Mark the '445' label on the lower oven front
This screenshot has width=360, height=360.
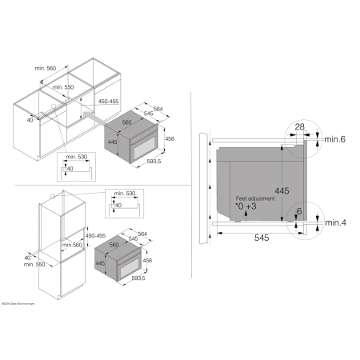pyautogui.click(x=100, y=262)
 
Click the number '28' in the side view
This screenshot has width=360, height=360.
pyautogui.click(x=299, y=126)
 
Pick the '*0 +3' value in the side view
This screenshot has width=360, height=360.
pyautogui.click(x=246, y=206)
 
